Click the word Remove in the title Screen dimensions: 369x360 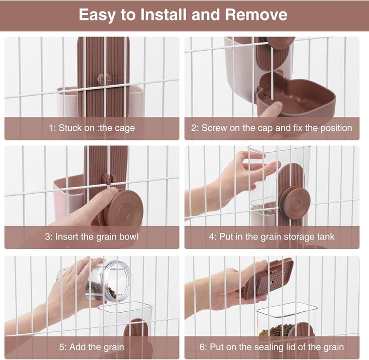tap(256, 14)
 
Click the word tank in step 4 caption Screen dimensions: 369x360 tap(325, 236)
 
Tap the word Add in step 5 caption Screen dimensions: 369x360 tap(78, 347)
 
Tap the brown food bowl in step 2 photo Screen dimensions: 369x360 tap(296, 95)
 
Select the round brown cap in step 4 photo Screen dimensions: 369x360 tap(294, 203)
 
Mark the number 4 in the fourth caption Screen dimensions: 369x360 tap(211, 236)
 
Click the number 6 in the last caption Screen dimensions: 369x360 tap(202, 347)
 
